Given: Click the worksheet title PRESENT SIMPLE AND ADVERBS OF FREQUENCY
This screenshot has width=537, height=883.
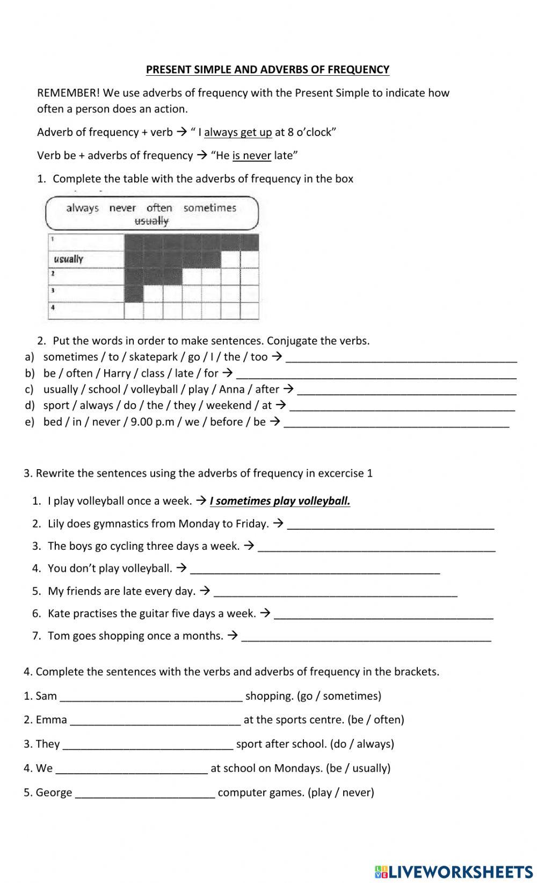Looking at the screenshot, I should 267,69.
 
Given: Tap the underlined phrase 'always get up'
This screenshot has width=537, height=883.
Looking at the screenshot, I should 238,132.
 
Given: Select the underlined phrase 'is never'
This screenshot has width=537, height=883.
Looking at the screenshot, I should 251,156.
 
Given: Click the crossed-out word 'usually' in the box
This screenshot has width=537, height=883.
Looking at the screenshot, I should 151,221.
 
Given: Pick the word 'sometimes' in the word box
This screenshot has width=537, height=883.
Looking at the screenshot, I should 209,208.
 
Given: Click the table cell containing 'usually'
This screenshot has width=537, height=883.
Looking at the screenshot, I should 86,259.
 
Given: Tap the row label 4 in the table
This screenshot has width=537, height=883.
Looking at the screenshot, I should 53,307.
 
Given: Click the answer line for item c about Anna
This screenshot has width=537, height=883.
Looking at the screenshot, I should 407,391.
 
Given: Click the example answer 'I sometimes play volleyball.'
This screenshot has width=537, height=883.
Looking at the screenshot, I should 279,501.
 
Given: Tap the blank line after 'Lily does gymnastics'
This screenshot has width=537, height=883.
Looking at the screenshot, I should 390,526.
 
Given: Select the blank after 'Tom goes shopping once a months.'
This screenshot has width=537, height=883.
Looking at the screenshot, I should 366,638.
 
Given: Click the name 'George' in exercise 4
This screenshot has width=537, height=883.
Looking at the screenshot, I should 54,792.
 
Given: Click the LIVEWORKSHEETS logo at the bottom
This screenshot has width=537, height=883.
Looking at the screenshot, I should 454,871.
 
